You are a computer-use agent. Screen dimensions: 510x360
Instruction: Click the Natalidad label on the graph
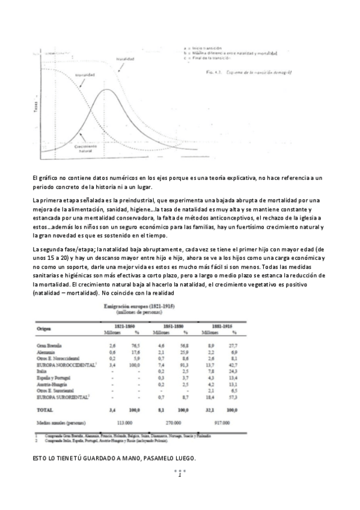(x=125, y=59)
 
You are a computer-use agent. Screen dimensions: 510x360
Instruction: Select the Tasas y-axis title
(x=35, y=106)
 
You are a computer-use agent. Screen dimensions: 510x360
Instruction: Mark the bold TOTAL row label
(x=45, y=409)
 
